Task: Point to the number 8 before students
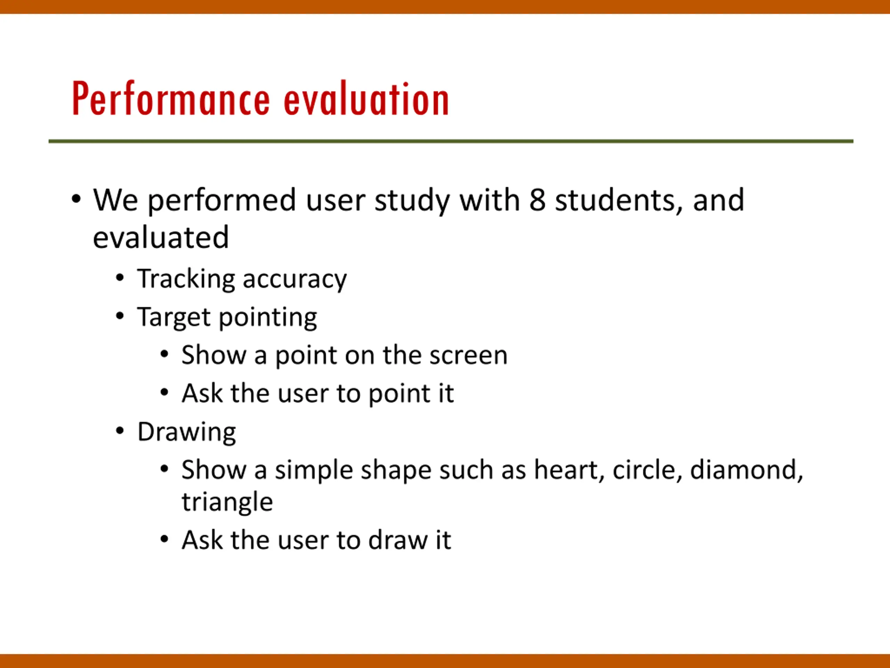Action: (x=537, y=200)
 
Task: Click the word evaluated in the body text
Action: (x=161, y=237)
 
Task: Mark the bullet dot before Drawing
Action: (x=120, y=431)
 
